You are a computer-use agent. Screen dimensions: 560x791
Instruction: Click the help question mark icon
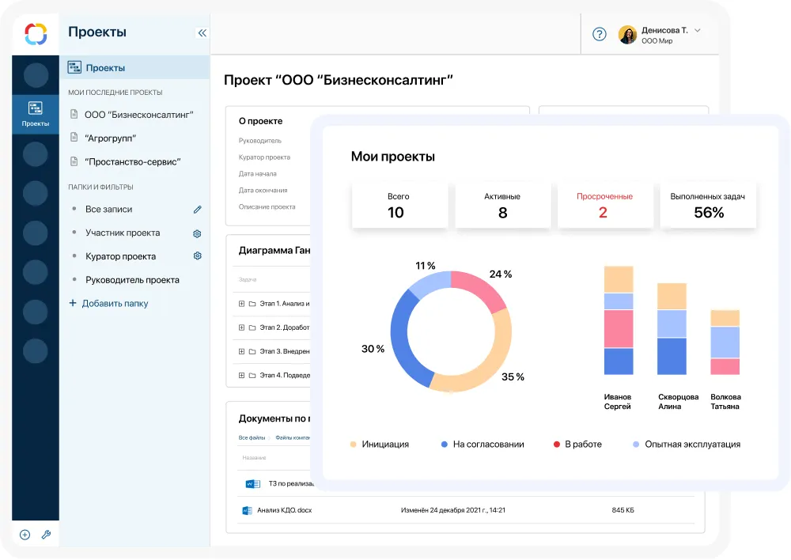pos(600,34)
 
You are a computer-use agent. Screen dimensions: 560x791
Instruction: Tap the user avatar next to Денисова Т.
pos(627,35)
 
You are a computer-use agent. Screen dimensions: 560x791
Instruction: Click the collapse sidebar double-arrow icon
pos(202,33)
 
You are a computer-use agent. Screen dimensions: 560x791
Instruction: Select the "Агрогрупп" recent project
pos(110,138)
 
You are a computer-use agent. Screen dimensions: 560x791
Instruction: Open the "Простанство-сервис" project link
pos(132,162)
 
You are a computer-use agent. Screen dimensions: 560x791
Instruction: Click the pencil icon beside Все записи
pos(198,210)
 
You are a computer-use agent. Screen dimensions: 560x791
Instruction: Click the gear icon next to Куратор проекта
pos(198,256)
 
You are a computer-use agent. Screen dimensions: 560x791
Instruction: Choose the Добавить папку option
pos(115,304)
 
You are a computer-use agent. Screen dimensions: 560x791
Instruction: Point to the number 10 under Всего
pos(395,212)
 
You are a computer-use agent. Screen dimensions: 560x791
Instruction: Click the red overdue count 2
pos(603,212)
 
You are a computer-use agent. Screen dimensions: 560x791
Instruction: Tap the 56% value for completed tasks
pos(709,212)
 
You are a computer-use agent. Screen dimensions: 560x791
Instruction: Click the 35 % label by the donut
pos(513,377)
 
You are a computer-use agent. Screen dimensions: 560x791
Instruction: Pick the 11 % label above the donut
pos(426,266)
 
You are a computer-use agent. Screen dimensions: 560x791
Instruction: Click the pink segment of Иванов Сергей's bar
pos(619,329)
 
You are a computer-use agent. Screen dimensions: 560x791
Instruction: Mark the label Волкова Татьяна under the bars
pos(725,402)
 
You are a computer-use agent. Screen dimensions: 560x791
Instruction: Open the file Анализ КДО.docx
pos(284,510)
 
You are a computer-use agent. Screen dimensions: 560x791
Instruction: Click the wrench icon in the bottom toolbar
pos(46,535)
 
